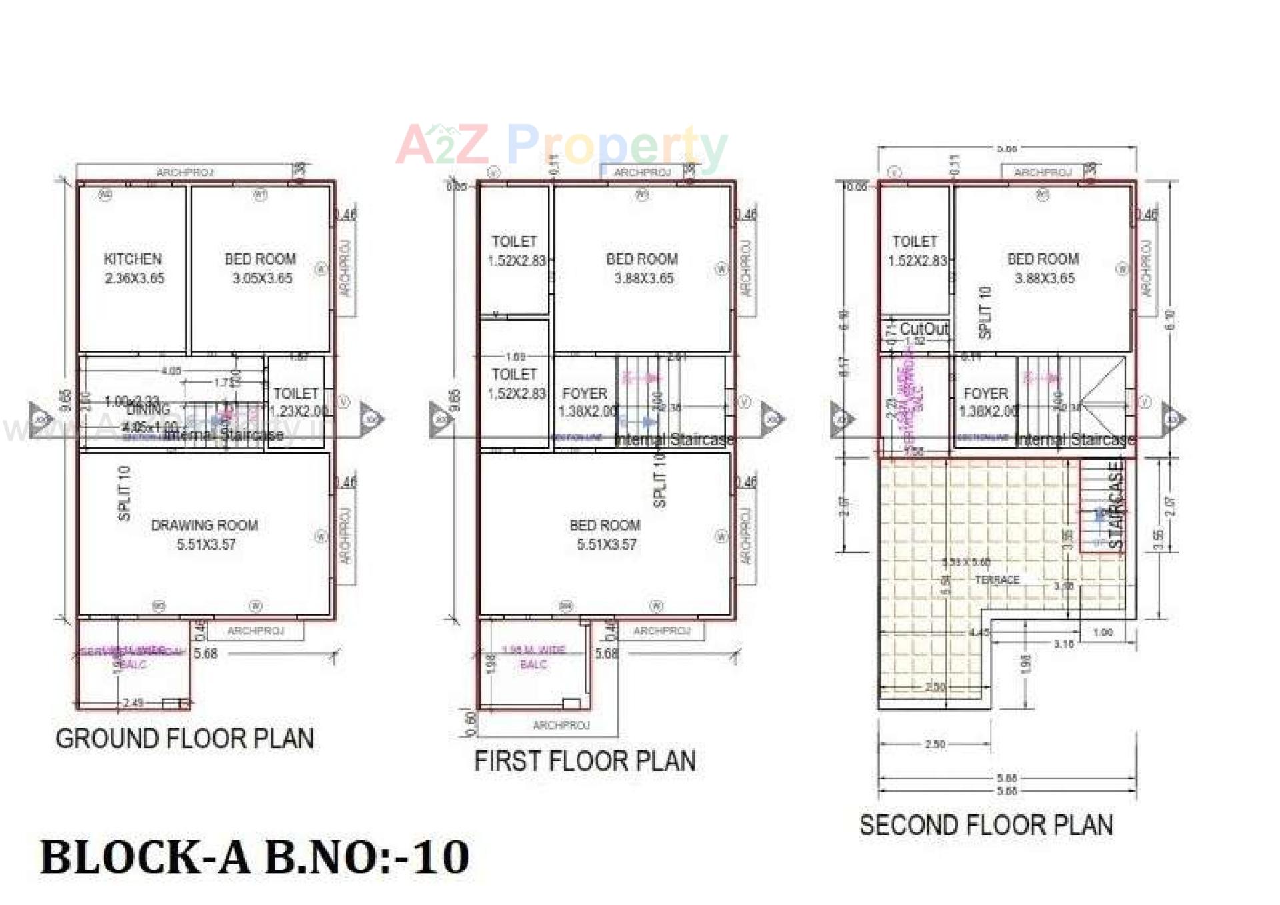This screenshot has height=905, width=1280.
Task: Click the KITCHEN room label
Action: [x=133, y=259]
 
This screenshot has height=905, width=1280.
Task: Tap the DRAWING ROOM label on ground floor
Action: [x=204, y=526]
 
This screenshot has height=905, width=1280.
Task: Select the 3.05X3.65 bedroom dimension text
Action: [x=262, y=279]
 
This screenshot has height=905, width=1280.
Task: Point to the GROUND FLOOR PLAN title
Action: [x=185, y=739]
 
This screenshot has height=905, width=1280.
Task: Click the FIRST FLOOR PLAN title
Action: [x=585, y=761]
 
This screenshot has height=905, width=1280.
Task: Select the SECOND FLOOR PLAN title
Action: [x=986, y=826]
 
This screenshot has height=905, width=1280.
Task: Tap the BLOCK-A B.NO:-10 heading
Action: [x=255, y=857]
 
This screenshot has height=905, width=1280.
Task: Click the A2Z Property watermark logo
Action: [x=561, y=145]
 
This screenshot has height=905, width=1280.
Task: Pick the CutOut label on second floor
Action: [x=923, y=329]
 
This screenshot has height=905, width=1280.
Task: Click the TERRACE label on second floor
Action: [x=997, y=580]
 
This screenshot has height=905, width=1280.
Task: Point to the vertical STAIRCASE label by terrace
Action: [x=1115, y=505]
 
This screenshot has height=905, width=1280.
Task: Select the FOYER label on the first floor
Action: [x=585, y=394]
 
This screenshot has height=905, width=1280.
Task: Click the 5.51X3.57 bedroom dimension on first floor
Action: [x=606, y=545]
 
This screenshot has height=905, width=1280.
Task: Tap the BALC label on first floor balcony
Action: [x=533, y=664]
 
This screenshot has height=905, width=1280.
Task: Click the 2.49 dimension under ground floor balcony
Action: [x=133, y=703]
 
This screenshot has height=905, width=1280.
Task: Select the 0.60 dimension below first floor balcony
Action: [x=471, y=722]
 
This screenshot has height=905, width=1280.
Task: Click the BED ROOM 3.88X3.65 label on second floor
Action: [x=1043, y=269]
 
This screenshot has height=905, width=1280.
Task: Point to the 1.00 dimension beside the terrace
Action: [x=1103, y=632]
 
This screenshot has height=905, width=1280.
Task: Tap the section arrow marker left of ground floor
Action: [x=40, y=419]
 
